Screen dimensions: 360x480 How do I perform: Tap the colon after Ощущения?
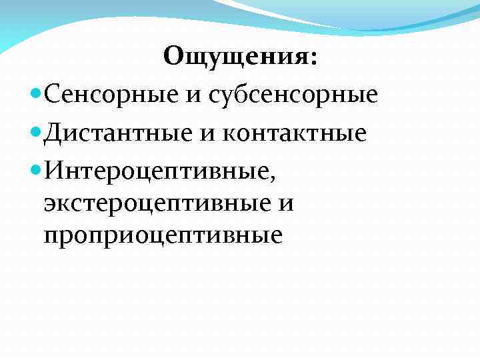click(x=313, y=59)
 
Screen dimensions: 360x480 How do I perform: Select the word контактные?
click(x=296, y=133)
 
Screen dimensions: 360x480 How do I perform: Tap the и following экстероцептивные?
click(x=285, y=203)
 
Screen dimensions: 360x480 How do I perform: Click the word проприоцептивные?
click(x=163, y=235)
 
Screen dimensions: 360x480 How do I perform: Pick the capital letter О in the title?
click(x=174, y=57)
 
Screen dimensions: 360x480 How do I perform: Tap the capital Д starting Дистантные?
click(x=53, y=133)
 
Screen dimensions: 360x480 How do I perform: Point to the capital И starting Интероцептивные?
click(x=53, y=170)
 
